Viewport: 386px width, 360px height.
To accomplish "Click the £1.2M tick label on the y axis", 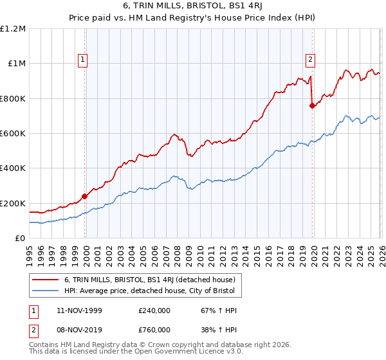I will pos(13,29).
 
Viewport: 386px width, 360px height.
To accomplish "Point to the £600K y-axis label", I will pos(13,134).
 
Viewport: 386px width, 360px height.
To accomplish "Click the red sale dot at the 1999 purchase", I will pos(85,197).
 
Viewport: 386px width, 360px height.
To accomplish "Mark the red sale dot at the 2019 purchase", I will pos(312,106).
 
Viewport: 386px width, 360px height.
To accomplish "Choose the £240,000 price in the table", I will pos(154,310).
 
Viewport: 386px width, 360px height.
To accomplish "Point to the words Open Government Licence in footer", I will pos(165,354).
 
